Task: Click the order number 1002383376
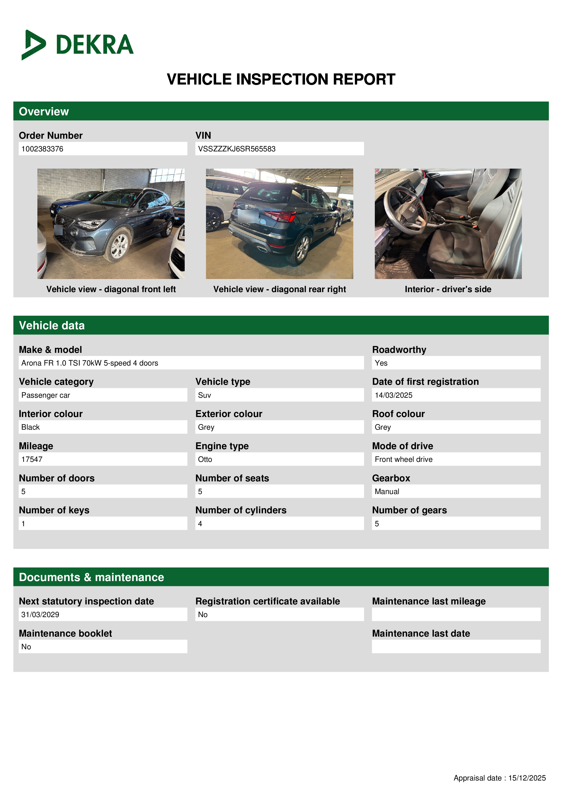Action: coord(42,149)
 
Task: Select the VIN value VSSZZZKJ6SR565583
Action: coord(237,149)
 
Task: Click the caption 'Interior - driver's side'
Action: coord(448,289)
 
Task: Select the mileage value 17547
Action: coord(32,459)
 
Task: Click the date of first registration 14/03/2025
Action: coord(393,395)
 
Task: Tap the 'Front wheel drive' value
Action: coord(403,459)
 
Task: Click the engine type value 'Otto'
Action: coord(205,459)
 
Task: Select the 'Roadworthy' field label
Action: coord(399,350)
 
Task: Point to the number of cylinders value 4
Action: coord(200,524)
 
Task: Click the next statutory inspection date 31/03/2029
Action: coord(40,615)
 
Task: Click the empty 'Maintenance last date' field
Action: coord(456,647)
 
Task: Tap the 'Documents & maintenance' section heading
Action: coord(91,577)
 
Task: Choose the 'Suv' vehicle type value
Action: coord(204,395)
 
